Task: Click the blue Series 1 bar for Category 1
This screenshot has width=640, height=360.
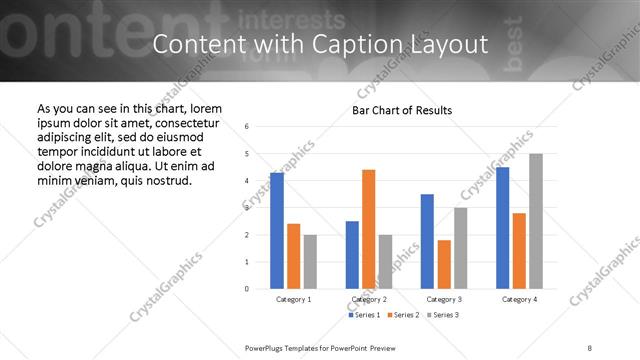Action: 277,231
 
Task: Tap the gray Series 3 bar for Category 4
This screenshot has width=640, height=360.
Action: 536,221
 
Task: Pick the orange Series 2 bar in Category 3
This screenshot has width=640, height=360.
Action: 444,264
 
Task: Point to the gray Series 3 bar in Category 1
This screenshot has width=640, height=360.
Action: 310,262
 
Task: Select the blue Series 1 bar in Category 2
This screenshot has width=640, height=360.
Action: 352,255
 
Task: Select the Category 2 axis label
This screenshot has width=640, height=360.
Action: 369,299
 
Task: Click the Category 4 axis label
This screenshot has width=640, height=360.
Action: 519,299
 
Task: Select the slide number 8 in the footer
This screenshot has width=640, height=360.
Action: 590,348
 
